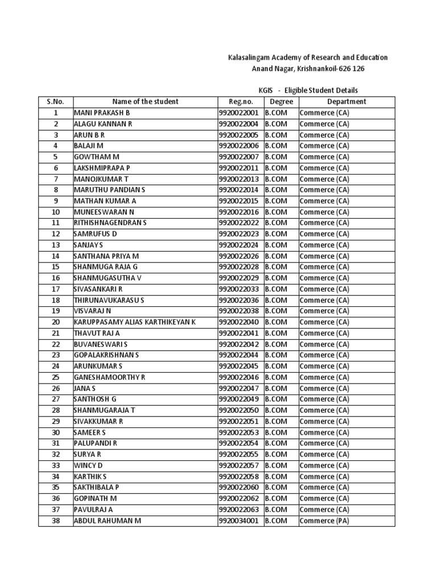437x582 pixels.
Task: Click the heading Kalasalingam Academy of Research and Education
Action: [x=308, y=57]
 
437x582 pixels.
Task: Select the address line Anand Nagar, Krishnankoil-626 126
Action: [x=308, y=69]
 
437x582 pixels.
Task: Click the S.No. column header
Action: [x=56, y=102]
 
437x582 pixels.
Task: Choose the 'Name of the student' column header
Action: [x=145, y=102]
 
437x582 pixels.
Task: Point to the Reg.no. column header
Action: [x=240, y=102]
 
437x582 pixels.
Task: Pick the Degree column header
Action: [x=281, y=102]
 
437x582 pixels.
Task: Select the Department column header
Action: [x=347, y=102]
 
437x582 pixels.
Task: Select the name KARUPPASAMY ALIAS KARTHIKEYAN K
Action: [x=134, y=322]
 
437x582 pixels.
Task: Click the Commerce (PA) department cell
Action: [x=324, y=521]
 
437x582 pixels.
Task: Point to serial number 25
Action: [x=56, y=377]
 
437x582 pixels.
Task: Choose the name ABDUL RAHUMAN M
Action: [x=107, y=521]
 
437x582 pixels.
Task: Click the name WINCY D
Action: [x=88, y=465]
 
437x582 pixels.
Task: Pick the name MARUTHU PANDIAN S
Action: [x=109, y=190]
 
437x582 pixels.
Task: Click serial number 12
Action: [x=56, y=234]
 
